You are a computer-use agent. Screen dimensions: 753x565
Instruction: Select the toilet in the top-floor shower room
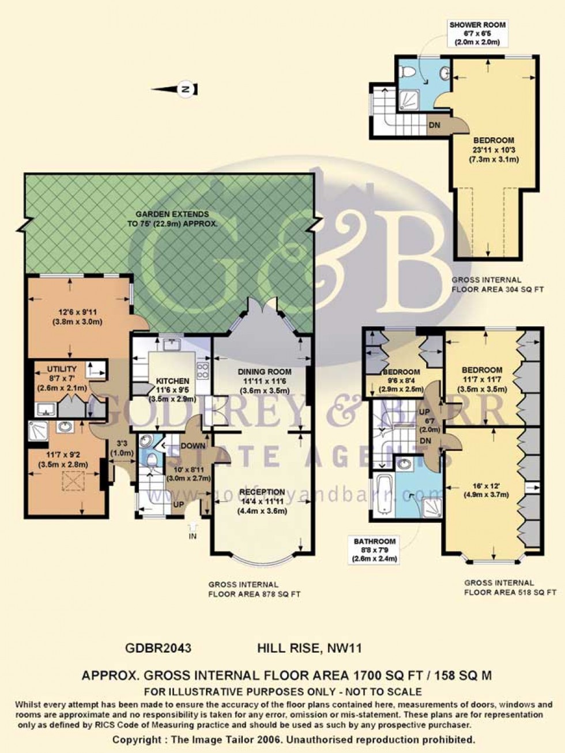(409, 73)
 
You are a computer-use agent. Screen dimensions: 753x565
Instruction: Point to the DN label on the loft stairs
(435, 124)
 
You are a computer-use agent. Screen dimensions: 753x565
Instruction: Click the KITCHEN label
(172, 381)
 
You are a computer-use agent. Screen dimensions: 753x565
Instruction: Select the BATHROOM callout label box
(375, 550)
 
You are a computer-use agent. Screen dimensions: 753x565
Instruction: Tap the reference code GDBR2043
(158, 647)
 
